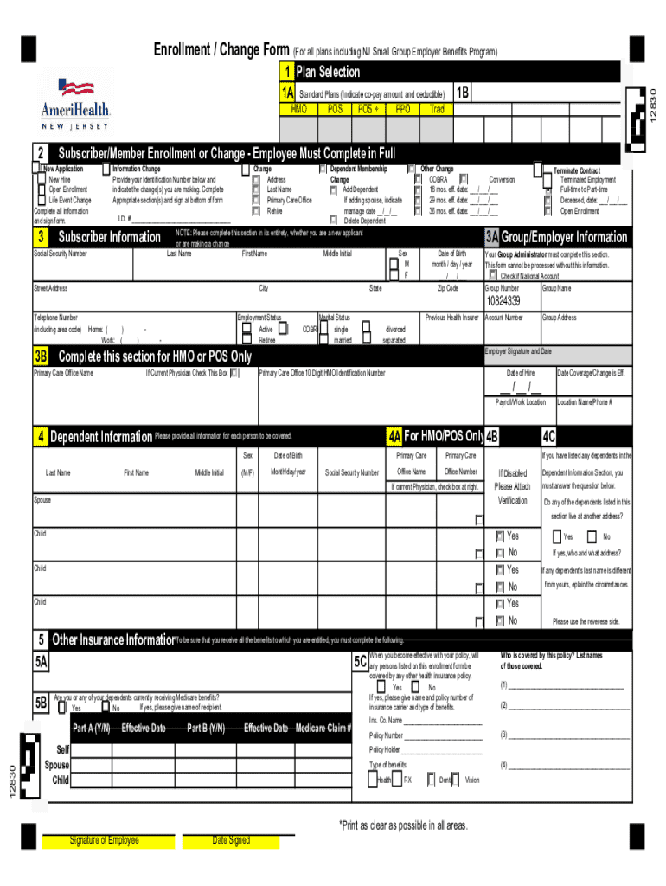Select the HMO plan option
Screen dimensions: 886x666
[299, 110]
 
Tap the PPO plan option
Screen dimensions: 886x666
[402, 110]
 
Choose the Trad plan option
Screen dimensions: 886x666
[437, 110]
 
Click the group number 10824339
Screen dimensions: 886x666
[503, 301]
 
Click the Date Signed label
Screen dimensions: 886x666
[231, 840]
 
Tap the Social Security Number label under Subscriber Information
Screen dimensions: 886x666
[61, 254]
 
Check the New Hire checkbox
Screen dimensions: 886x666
[41, 179]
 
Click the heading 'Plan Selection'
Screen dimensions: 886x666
[328, 72]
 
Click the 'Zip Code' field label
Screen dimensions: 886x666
[447, 288]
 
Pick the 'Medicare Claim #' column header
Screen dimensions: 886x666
[323, 728]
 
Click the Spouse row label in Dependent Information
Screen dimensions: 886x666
[42, 500]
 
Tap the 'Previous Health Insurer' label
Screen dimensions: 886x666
[451, 318]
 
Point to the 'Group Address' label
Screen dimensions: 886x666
[560, 318]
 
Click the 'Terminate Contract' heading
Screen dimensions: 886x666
[576, 170]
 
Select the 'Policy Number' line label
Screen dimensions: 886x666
[387, 735]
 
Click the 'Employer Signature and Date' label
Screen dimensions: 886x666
[518, 351]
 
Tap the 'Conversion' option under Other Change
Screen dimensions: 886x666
[502, 179]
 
